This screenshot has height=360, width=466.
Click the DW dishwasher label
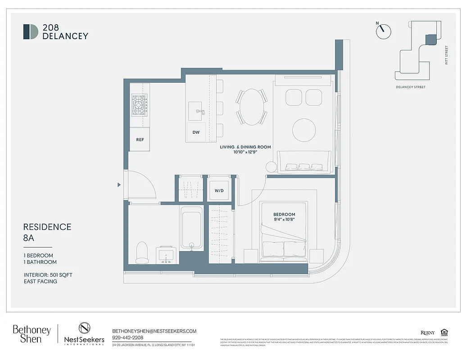[196, 132]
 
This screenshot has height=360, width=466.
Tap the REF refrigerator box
[140, 139]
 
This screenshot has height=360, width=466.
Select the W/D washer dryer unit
[219, 190]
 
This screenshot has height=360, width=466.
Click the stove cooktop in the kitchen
[139, 105]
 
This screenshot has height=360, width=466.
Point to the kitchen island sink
[196, 111]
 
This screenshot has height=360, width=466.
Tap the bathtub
[192, 228]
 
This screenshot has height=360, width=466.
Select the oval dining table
[252, 107]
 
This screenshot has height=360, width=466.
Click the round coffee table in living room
[304, 130]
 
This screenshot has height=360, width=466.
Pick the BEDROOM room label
[284, 214]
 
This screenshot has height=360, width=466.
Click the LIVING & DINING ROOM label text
[245, 147]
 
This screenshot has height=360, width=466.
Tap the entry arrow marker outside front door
[119, 184]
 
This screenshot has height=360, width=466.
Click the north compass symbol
[383, 30]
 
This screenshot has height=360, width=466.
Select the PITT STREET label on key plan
[447, 55]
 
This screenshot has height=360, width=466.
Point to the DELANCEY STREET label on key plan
[411, 87]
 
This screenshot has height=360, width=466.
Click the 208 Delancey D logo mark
[31, 31]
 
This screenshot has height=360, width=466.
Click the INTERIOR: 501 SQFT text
[48, 274]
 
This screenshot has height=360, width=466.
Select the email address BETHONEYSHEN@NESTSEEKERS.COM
[154, 331]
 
